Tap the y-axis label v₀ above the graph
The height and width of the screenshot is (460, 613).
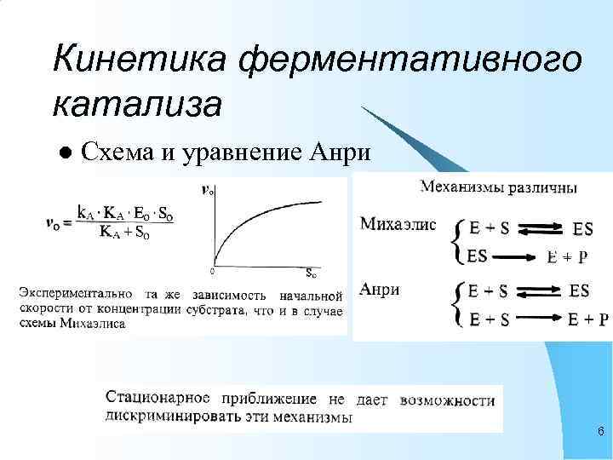tap(207, 190)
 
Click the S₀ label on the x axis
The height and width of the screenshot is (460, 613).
tap(313, 273)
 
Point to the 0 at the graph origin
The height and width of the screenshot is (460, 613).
tap(212, 272)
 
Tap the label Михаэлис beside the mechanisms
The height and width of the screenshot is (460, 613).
tap(398, 225)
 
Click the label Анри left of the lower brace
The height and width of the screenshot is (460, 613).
tap(380, 290)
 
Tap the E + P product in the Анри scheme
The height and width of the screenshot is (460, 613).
tap(588, 319)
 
